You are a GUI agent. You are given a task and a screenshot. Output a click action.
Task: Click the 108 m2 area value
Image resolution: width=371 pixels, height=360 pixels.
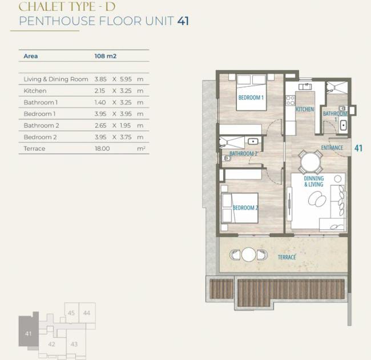(x=105, y=56)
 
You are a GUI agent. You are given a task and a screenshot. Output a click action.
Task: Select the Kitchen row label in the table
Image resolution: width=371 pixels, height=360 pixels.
(x=35, y=91)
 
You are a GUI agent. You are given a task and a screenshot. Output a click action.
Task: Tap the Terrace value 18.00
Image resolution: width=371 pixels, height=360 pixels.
(x=102, y=148)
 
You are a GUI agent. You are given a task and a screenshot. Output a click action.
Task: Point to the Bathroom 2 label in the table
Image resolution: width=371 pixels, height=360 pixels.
(x=42, y=126)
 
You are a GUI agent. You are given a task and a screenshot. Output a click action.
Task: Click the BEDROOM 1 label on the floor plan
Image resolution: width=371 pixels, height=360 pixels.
(x=251, y=98)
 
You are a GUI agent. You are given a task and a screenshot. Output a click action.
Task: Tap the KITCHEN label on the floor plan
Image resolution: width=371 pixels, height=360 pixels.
(x=305, y=110)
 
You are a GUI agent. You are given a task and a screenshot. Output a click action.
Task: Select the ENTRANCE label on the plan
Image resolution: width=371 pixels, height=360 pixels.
(x=332, y=148)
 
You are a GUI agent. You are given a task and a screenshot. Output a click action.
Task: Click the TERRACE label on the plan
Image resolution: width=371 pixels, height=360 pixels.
(x=287, y=257)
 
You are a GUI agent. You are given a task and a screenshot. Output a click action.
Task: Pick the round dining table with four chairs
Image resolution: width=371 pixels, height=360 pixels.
(x=310, y=162)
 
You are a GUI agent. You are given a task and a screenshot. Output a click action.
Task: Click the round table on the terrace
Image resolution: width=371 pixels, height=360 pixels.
(x=249, y=254)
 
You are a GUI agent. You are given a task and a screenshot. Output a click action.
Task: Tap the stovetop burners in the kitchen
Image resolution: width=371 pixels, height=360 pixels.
(x=291, y=100)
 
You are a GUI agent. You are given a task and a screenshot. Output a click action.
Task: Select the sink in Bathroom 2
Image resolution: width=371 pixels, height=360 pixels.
(x=253, y=141)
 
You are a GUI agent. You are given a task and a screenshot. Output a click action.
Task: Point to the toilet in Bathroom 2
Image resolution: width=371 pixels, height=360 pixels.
(x=227, y=158)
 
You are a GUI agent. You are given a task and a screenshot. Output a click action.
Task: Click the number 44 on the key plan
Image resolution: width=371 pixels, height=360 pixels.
(x=87, y=313)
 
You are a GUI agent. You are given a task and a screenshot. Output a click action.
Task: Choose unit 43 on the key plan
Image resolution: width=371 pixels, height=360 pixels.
(x=74, y=344)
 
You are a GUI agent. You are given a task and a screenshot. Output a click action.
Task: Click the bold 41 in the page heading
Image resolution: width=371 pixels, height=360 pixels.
(x=183, y=21)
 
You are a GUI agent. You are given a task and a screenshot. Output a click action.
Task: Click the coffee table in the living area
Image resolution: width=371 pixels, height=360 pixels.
(x=317, y=198)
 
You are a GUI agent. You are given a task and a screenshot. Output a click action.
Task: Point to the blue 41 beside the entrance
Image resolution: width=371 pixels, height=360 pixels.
(x=358, y=148)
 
